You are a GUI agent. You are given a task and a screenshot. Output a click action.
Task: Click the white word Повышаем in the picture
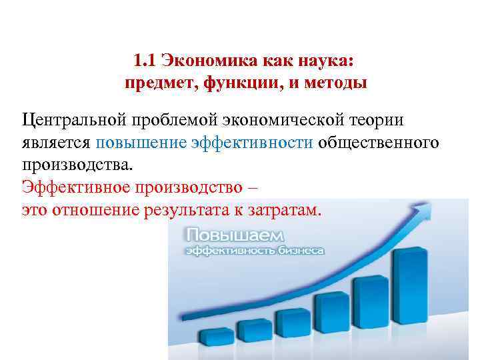(235, 235)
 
